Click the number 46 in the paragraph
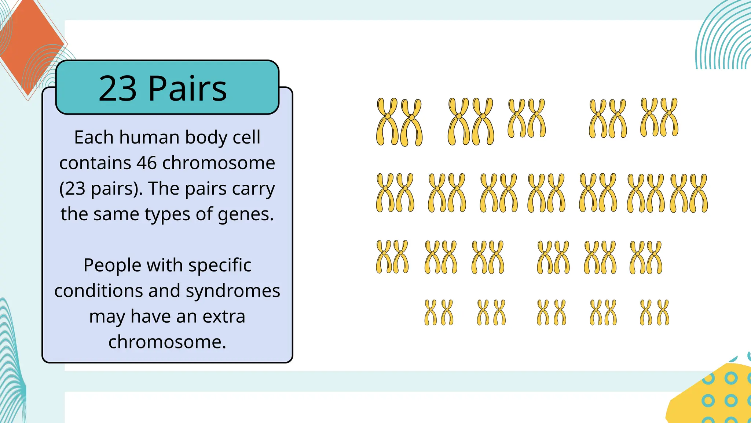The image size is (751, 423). coord(147,163)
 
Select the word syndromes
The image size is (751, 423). coord(233,291)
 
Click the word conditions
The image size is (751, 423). coord(99,291)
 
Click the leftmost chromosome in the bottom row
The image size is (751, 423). coord(431,312)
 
